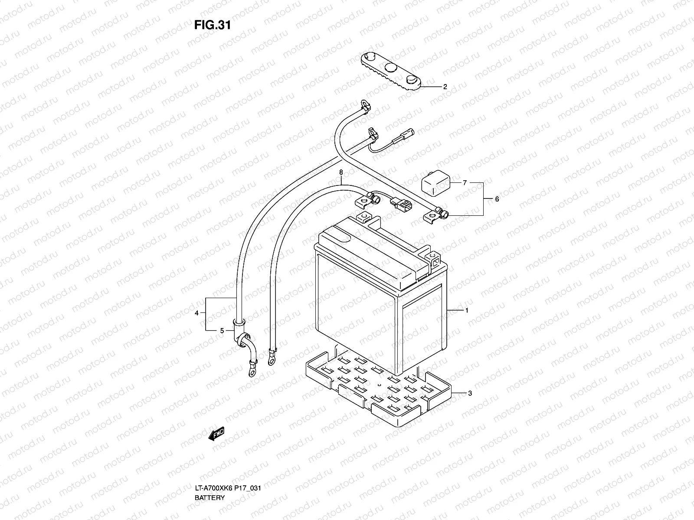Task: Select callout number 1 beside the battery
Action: coord(466,310)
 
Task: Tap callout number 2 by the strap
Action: coord(445,87)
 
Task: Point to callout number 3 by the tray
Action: coord(469,393)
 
